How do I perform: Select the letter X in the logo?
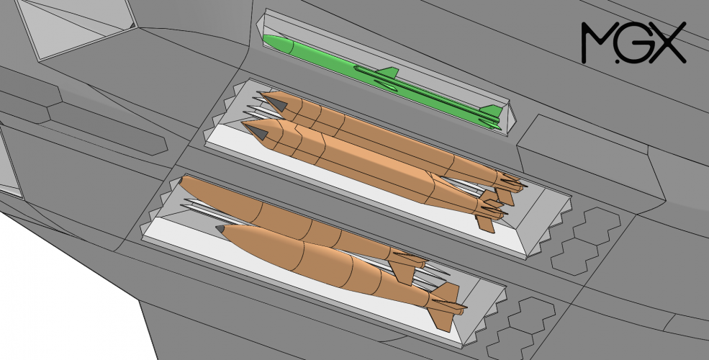[x=667, y=42]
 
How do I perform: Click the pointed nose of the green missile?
[x=266, y=38]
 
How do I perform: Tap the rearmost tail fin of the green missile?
[x=492, y=110]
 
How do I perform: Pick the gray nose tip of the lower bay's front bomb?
[x=221, y=229]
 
